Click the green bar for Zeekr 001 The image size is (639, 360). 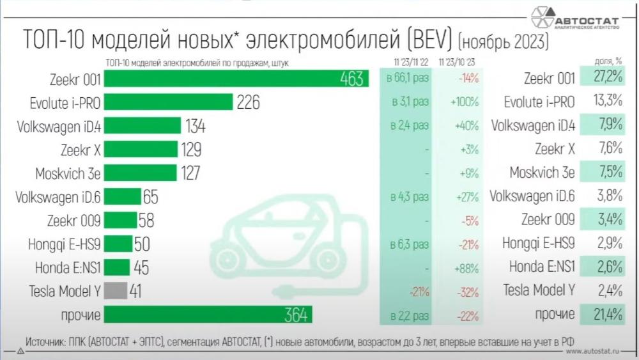tap(236, 79)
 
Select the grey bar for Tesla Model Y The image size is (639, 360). tap(116, 291)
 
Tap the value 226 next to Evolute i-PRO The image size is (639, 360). tap(248, 102)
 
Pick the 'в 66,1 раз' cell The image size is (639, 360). tap(408, 79)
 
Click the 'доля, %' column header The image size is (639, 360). tap(609, 61)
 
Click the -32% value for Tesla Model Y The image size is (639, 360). tap(468, 292)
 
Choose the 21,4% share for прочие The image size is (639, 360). tap(607, 315)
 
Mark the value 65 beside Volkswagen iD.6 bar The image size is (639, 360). tap(151, 197)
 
